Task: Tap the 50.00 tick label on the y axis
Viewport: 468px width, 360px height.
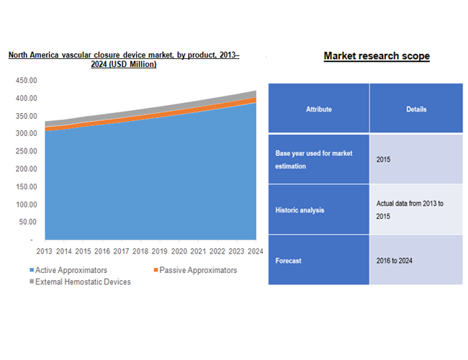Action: click(x=27, y=222)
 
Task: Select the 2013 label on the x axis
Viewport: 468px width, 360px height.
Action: click(x=45, y=251)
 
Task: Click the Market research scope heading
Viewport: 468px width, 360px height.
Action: click(x=377, y=56)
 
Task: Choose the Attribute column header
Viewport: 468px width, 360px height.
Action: click(x=319, y=109)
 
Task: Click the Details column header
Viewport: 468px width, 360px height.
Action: click(x=415, y=109)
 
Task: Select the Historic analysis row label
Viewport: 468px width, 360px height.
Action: click(x=300, y=210)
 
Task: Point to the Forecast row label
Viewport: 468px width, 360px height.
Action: click(x=289, y=261)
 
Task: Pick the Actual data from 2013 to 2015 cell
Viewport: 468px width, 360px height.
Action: click(x=410, y=210)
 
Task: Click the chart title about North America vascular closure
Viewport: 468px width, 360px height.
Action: click(x=124, y=60)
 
